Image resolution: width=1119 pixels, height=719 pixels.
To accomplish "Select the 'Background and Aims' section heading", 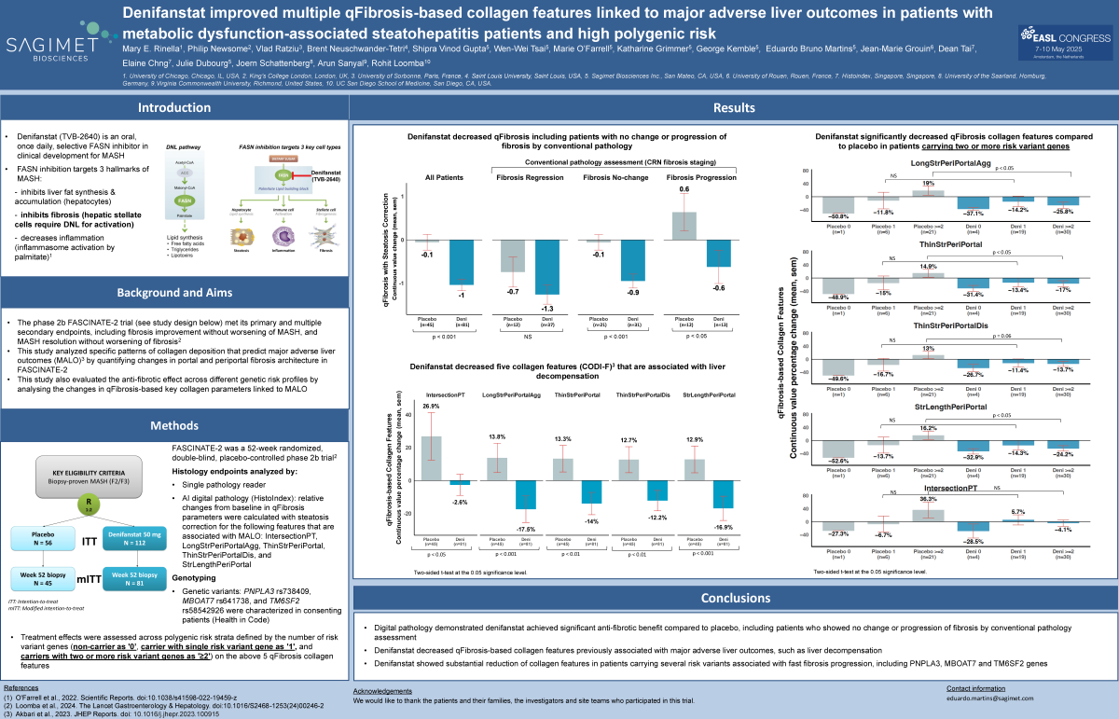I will click(173, 292).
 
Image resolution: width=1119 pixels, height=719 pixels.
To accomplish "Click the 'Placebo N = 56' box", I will click(49, 538).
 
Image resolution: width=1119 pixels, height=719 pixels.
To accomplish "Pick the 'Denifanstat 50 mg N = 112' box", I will click(137, 538).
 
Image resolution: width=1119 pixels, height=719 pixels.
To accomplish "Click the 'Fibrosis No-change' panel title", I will click(609, 176).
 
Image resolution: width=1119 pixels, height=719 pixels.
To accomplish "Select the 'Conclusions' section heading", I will click(734, 599).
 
